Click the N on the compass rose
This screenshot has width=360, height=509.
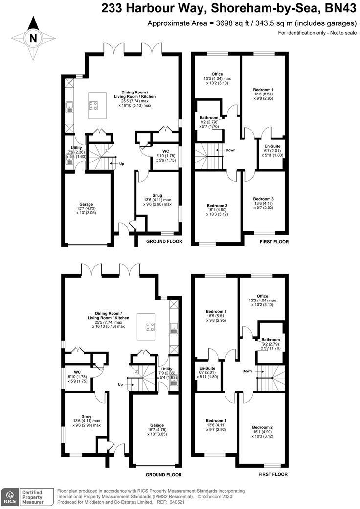pos(33,38)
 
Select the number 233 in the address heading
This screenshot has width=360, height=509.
pos(112,8)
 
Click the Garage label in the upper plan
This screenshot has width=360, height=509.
pos(87,204)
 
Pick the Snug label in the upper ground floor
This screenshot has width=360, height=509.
pos(157,194)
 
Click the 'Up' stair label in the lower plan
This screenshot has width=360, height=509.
pos(120,385)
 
